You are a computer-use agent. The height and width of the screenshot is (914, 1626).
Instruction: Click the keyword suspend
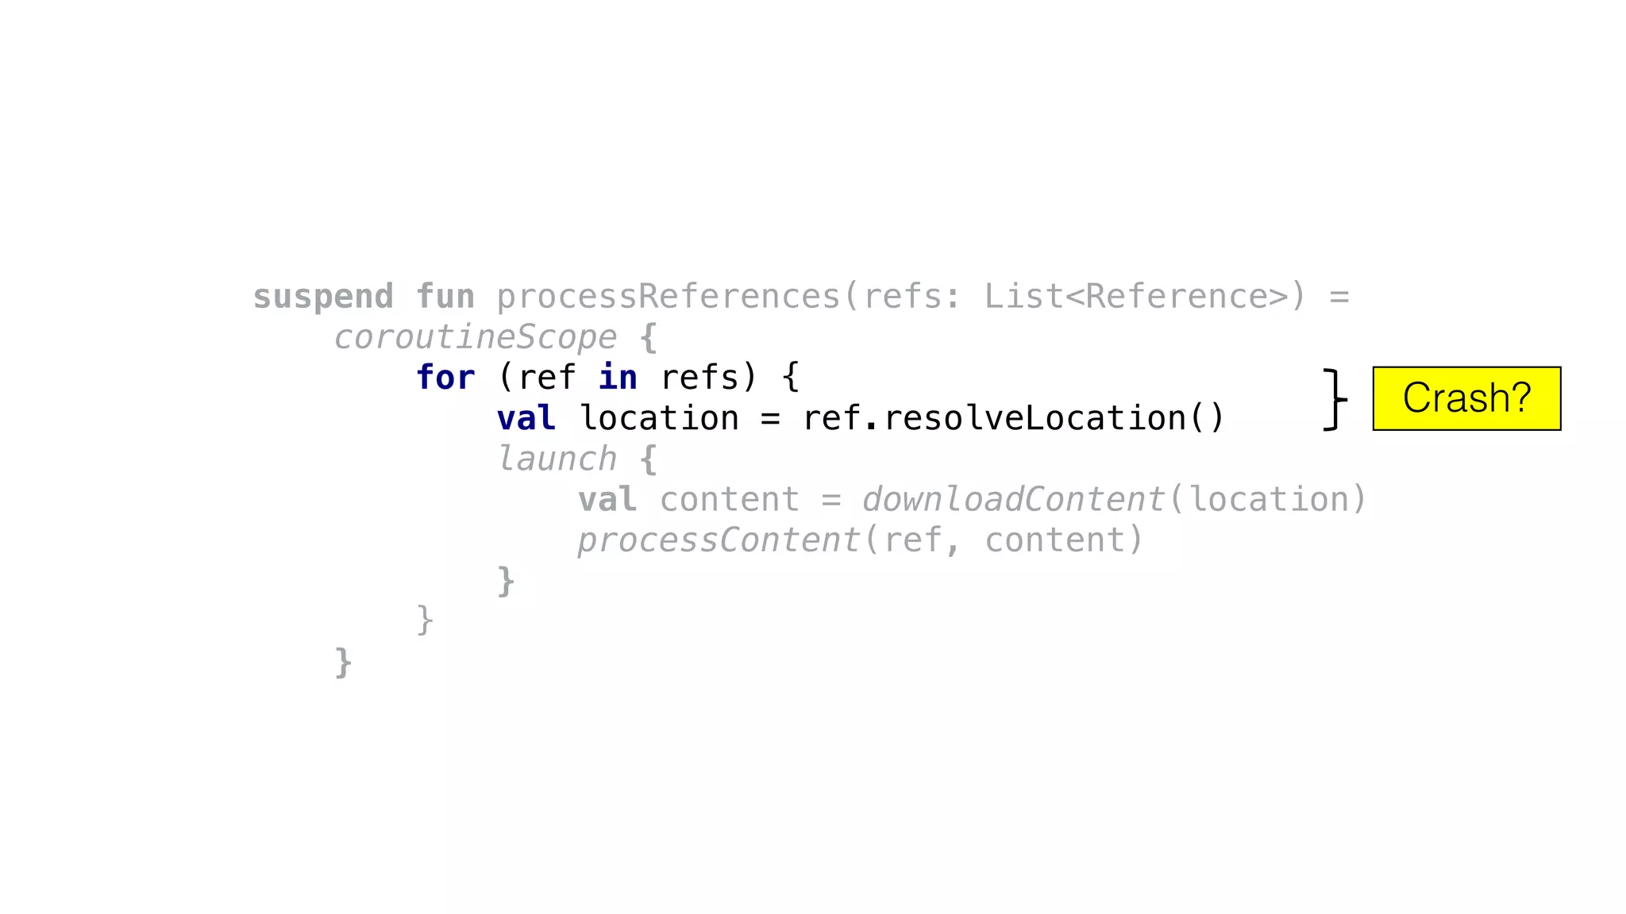coord(323,297)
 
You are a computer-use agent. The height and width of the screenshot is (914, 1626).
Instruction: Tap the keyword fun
coord(445,297)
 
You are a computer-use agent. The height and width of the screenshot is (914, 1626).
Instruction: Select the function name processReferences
coord(668,297)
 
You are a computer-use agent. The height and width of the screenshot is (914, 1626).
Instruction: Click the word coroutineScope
coord(476,337)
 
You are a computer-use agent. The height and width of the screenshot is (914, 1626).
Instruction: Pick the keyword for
coord(445,378)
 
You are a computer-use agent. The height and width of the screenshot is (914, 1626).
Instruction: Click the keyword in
coord(618,378)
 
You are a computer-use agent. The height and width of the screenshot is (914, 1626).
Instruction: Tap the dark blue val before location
coord(526,418)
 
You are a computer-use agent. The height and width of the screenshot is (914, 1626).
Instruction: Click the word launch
coord(557,459)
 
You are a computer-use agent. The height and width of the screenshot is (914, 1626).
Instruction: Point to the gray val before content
coord(607,500)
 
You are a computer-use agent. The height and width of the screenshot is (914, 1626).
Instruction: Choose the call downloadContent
coord(1013,500)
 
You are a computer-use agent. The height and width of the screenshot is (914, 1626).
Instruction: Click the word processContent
coord(719,540)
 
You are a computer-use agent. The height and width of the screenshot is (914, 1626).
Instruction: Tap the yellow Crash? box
coord(1466,398)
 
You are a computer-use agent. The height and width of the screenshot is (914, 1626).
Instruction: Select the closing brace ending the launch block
coord(506,582)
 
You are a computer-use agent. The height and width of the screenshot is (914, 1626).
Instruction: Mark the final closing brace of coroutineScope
coord(343,662)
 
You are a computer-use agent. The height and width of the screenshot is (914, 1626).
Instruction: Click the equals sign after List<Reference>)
coord(1339,297)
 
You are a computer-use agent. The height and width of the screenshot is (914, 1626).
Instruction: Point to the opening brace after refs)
coord(790,378)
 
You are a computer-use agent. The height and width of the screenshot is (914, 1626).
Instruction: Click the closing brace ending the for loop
coord(425,621)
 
